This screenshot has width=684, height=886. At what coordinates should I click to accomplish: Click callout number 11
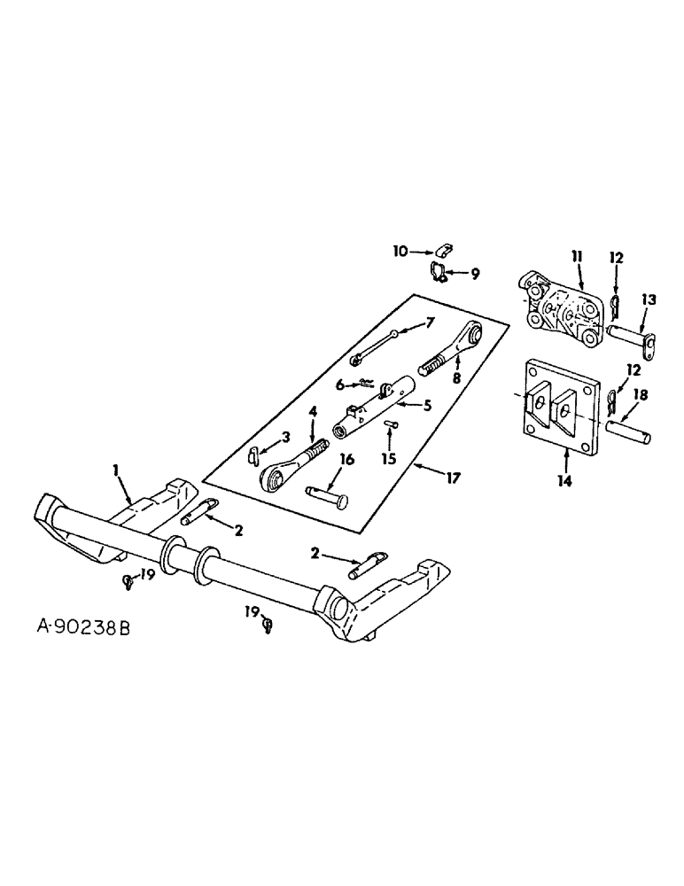[x=578, y=257]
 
